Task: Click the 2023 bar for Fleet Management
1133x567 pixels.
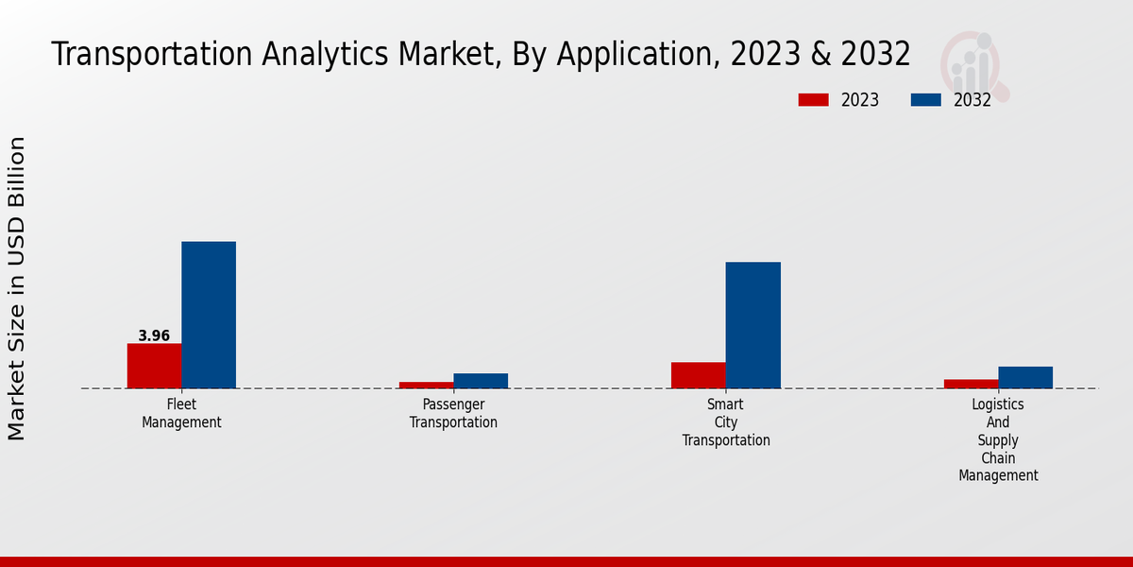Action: [154, 366]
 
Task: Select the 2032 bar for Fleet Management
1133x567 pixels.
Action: [209, 315]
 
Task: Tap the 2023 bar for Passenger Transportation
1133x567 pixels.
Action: [426, 385]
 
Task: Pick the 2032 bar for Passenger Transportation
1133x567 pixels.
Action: [481, 381]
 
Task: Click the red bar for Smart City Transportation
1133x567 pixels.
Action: [699, 375]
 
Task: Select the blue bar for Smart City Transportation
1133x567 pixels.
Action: [753, 325]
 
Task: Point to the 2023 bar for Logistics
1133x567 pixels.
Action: [971, 384]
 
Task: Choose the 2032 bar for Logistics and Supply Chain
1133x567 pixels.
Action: [1025, 377]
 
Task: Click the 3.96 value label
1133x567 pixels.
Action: [154, 336]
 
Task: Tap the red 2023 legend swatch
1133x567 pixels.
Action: [813, 100]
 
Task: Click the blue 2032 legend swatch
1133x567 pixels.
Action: [925, 100]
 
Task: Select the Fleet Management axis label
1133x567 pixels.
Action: [181, 413]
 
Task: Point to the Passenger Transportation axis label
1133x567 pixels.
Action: [453, 413]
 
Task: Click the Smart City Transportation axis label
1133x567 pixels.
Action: [726, 422]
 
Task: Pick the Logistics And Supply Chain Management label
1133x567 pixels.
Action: [998, 439]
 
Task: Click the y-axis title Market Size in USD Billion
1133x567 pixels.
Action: [17, 288]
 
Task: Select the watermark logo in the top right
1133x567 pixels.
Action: [973, 64]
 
